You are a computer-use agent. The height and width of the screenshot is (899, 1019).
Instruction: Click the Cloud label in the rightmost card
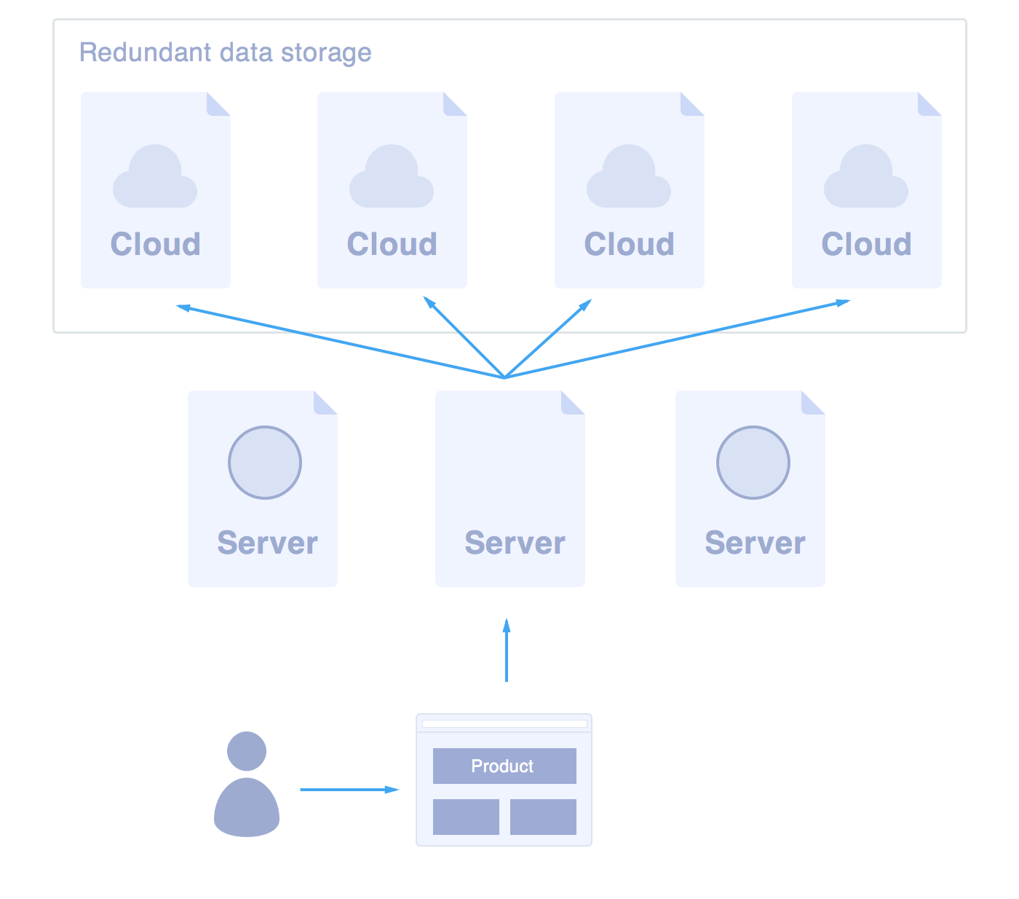pyautogui.click(x=866, y=245)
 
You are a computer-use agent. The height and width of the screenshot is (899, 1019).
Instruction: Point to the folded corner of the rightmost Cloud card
pyautogui.click(x=929, y=103)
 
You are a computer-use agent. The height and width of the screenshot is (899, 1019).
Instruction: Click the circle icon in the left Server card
pyautogui.click(x=265, y=463)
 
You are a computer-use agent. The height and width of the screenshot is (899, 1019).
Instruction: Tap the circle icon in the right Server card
pyautogui.click(x=753, y=463)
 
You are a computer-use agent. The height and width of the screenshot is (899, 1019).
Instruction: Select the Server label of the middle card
pyautogui.click(x=515, y=543)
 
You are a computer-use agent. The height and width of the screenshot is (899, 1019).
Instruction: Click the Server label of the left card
pyautogui.click(x=267, y=543)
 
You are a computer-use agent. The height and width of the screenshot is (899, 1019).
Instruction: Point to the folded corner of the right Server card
pyautogui.click(x=813, y=402)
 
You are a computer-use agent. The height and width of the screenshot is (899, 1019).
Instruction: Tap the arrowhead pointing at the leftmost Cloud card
pyautogui.click(x=184, y=307)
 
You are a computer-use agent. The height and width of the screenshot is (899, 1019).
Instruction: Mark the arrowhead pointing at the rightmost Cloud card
pyautogui.click(x=842, y=302)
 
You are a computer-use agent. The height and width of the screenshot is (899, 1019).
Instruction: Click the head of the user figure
pyautogui.click(x=247, y=751)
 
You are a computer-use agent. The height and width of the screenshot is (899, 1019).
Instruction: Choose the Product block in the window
pyautogui.click(x=504, y=766)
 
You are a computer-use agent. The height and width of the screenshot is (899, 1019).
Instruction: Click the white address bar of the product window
pyautogui.click(x=504, y=724)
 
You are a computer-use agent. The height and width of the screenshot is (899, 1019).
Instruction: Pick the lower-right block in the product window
pyautogui.click(x=543, y=817)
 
